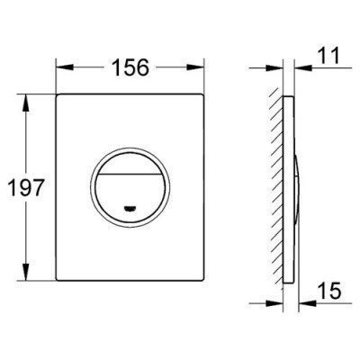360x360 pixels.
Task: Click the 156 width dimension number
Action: (130, 67)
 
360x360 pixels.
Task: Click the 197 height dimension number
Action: (26, 187)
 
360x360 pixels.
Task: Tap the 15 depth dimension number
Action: (328, 291)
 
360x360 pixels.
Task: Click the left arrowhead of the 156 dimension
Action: (65, 67)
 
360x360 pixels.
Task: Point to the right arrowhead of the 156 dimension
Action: (195, 67)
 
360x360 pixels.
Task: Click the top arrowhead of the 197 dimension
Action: (26, 103)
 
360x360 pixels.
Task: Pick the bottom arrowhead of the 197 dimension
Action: (26, 272)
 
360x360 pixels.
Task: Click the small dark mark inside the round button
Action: (130, 207)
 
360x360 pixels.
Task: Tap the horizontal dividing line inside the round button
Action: (130, 174)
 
